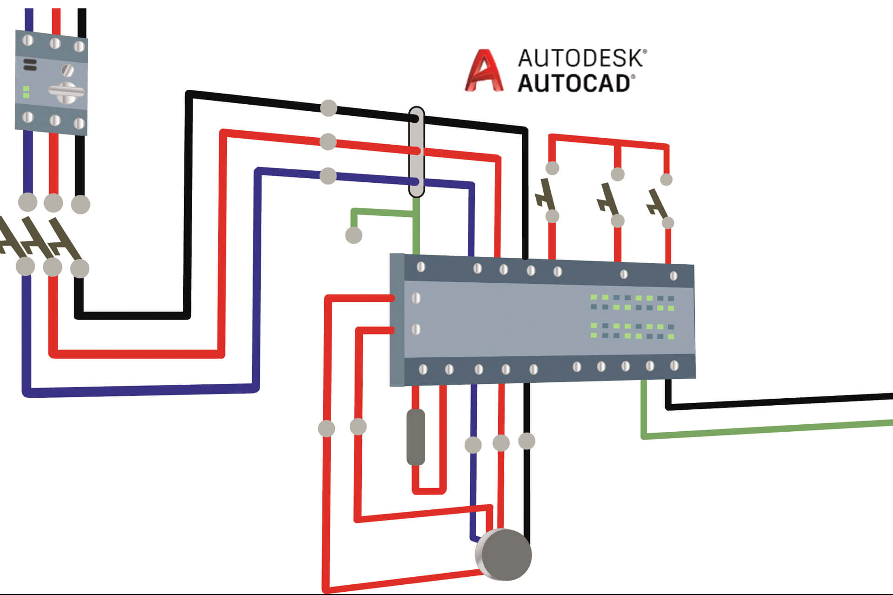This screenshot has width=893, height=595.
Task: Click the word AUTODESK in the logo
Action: tap(581, 58)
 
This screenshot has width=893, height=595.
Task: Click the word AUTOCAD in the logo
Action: tap(574, 84)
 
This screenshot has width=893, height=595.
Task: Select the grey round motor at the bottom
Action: tap(504, 554)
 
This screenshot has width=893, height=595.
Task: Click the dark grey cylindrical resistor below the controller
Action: tap(415, 437)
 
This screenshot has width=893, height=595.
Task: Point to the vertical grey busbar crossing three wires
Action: tap(416, 152)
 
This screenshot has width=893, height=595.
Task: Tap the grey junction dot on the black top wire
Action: tap(329, 108)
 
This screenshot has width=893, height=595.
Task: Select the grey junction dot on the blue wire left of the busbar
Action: tap(328, 176)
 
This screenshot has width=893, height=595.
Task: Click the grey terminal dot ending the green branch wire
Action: tap(353, 235)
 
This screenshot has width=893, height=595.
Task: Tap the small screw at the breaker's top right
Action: tap(79, 47)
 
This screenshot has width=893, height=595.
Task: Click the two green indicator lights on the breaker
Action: tap(26, 92)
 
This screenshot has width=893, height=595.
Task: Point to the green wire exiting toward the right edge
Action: tap(767, 429)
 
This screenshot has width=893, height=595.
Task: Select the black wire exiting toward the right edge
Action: tap(781, 401)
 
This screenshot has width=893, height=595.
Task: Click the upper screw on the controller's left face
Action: tap(416, 298)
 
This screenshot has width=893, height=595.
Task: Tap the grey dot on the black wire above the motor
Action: tap(526, 441)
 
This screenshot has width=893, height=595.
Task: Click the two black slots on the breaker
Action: tap(30, 65)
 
